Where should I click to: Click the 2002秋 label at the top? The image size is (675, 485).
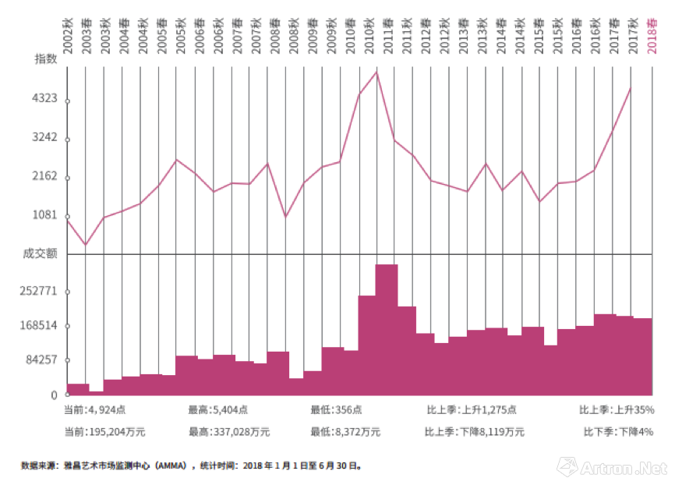(x=69, y=35)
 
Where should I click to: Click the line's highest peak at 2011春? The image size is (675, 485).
(x=377, y=73)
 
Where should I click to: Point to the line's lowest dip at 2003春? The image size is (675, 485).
(x=85, y=246)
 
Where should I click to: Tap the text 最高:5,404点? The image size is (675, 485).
(x=218, y=409)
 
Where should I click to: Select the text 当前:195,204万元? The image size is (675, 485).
(x=105, y=431)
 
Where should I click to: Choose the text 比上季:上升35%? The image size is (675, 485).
(x=617, y=409)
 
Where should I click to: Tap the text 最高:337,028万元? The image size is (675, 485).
(x=229, y=431)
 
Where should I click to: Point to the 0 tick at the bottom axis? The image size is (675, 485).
(x=55, y=395)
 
